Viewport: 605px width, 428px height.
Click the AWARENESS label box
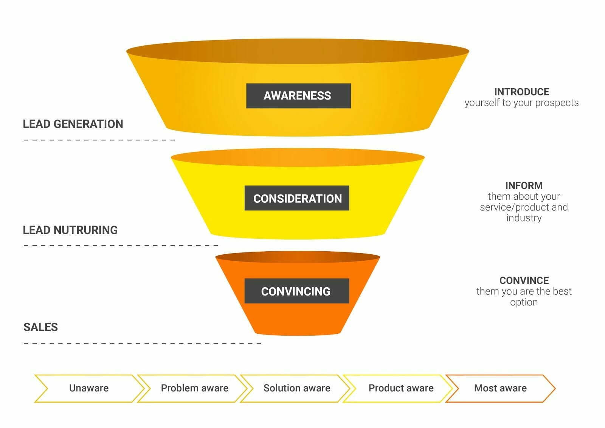(x=298, y=96)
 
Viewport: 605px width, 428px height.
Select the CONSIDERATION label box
(x=297, y=198)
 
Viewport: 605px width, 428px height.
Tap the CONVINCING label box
(x=296, y=291)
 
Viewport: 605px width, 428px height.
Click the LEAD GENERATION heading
(x=73, y=124)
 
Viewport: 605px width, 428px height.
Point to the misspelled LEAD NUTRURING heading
(x=70, y=230)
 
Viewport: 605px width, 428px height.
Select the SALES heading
(x=41, y=327)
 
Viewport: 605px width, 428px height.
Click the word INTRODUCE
(x=521, y=92)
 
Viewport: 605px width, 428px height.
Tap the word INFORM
(x=524, y=185)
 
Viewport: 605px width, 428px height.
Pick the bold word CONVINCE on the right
(x=524, y=280)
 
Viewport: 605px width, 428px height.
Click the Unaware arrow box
(x=89, y=388)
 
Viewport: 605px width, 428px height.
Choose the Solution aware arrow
(x=297, y=388)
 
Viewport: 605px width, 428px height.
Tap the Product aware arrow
(x=401, y=388)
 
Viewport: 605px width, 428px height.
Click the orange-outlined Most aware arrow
(x=500, y=388)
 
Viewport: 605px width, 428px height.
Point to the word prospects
(x=557, y=103)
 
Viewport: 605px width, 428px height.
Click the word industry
(x=524, y=218)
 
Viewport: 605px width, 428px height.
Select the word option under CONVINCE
(x=524, y=302)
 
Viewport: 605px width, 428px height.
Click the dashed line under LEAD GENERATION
(x=99, y=140)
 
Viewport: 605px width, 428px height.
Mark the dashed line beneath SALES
(x=142, y=344)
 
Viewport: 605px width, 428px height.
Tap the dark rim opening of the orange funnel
(x=298, y=257)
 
